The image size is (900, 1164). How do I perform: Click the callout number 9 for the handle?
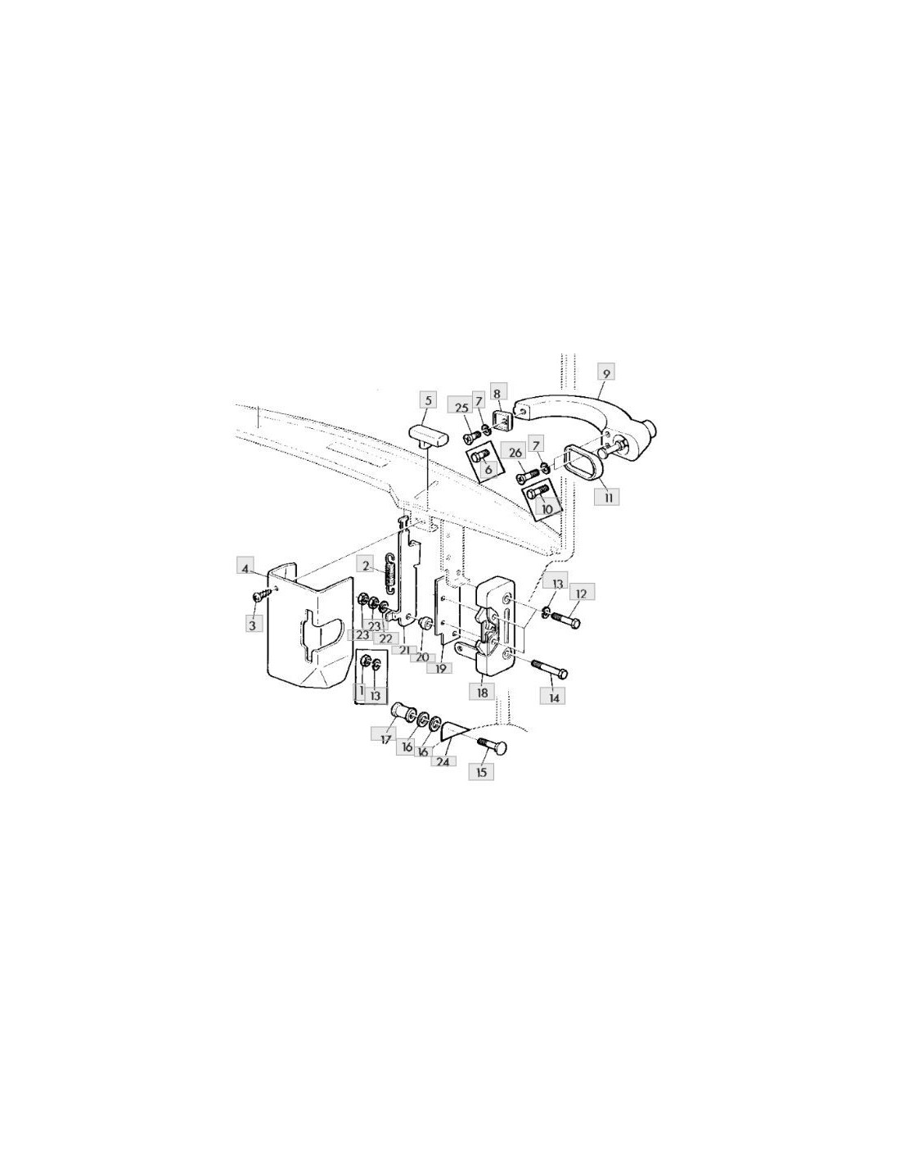point(605,373)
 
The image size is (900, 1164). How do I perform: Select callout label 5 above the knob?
point(427,400)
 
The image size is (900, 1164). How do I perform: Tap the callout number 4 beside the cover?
point(245,568)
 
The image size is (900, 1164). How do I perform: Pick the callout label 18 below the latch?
point(483,693)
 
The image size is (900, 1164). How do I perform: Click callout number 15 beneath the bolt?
point(481,772)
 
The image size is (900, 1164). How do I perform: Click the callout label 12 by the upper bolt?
point(582,593)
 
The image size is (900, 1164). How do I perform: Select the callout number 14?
point(554,698)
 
